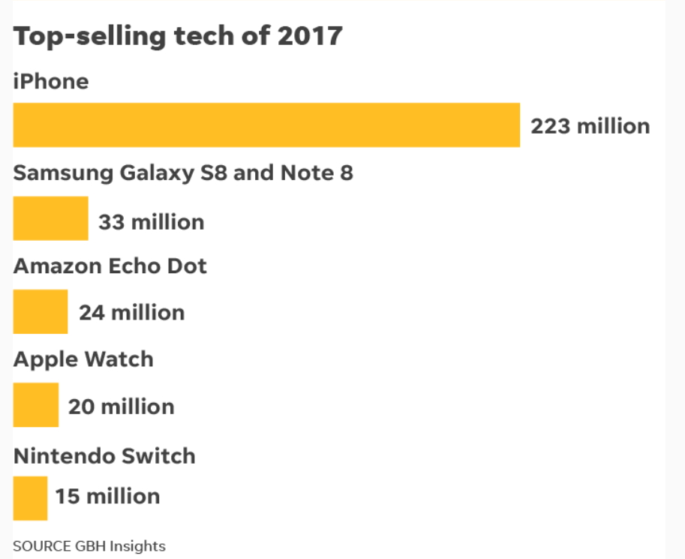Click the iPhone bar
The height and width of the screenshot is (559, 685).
click(266, 125)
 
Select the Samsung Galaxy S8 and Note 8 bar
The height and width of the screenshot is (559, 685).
click(50, 218)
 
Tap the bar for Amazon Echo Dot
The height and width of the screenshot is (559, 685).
click(41, 311)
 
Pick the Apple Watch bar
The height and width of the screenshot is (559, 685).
click(36, 405)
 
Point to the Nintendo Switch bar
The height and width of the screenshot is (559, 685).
click(30, 498)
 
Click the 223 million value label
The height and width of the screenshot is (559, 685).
click(590, 125)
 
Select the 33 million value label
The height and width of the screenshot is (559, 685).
click(151, 222)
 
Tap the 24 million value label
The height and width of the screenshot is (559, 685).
click(131, 312)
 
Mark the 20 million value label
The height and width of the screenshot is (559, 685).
click(121, 407)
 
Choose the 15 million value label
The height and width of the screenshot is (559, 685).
click(107, 496)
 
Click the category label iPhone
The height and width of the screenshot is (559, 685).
click(51, 81)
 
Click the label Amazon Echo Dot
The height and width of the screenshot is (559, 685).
click(110, 266)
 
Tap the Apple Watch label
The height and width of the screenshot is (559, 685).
click(83, 359)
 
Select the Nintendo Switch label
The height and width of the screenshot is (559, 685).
click(104, 456)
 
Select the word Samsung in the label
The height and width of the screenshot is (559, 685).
click(63, 173)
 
